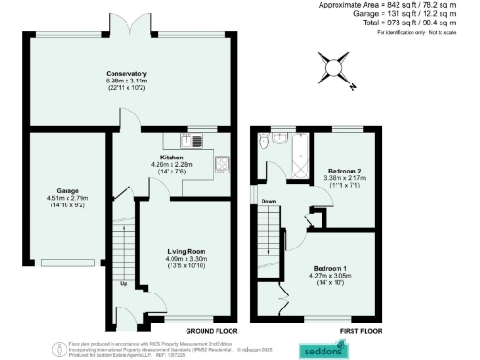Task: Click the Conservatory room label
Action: pyautogui.click(x=127, y=73)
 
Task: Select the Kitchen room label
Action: pyautogui.click(x=172, y=157)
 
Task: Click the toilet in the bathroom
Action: pyautogui.click(x=265, y=142)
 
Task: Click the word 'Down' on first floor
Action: pyautogui.click(x=268, y=200)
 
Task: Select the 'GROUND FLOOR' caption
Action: pyautogui.click(x=210, y=332)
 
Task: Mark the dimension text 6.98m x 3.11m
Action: pyautogui.click(x=127, y=82)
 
